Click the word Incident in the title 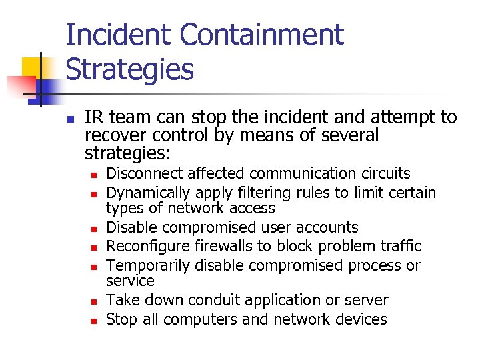[109, 35]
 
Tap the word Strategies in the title [129, 69]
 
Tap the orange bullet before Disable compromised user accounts [95, 229]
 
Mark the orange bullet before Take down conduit [95, 301]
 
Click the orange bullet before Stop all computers [95, 321]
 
